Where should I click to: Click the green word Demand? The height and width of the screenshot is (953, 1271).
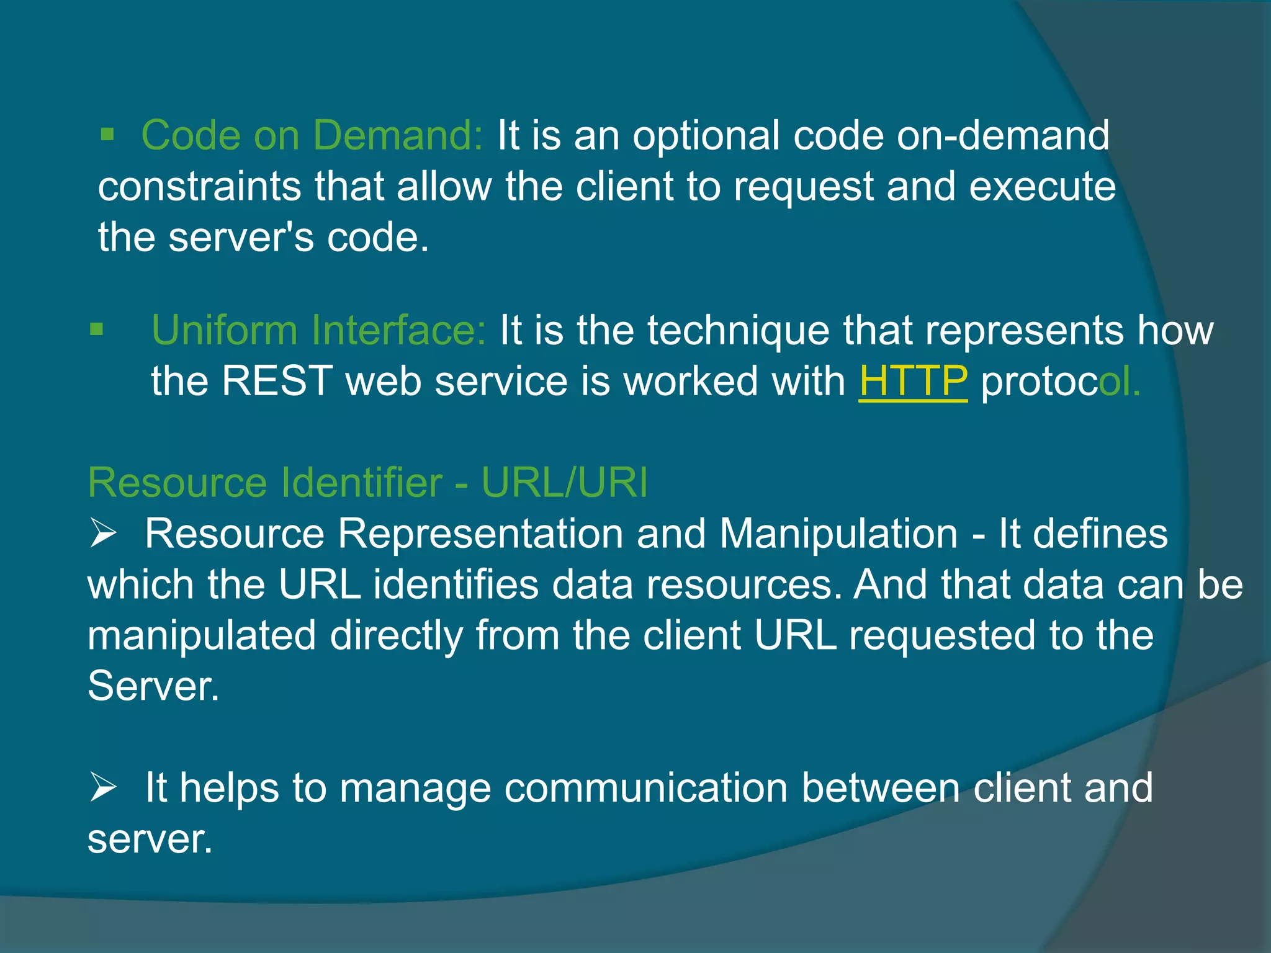coord(397,135)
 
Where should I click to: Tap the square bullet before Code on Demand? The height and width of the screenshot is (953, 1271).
coord(107,134)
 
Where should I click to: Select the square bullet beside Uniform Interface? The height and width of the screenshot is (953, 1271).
coord(96,329)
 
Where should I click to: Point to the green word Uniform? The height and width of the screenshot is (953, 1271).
coord(224,329)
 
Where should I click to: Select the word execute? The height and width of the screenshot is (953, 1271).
coord(1042,186)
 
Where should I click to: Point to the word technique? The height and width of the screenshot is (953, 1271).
coord(739,329)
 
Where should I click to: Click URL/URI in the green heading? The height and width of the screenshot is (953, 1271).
coord(565,482)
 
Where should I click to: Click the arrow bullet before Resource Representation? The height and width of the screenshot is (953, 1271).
coord(103,533)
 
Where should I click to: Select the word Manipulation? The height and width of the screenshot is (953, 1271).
coord(838,533)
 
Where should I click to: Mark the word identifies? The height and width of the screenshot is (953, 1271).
coord(456,584)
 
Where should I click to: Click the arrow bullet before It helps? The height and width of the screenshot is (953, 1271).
coord(103,787)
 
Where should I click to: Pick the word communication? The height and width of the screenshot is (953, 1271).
coord(646,787)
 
